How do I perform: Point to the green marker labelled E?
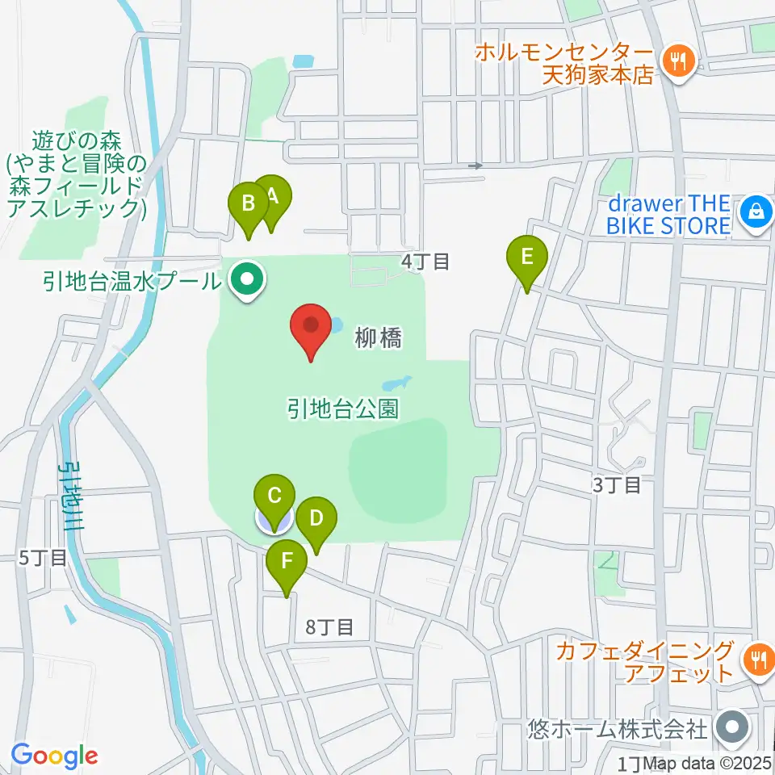point(526,259)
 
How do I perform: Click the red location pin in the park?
point(312,326)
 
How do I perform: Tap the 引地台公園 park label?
point(342,408)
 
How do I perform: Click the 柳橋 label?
point(378,338)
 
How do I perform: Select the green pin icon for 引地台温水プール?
point(247,281)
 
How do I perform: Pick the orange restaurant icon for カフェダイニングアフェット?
point(758,659)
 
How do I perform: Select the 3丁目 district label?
point(617,485)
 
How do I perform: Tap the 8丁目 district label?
point(330,626)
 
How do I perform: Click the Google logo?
point(55,756)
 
